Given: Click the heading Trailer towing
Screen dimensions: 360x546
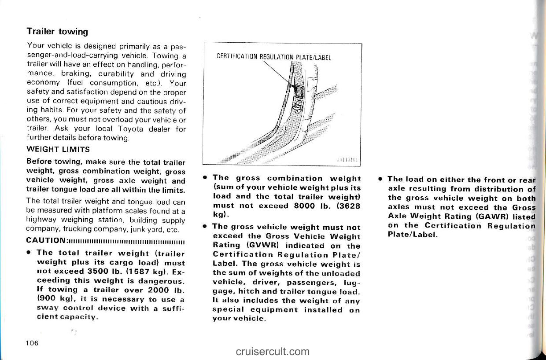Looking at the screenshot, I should [57, 31].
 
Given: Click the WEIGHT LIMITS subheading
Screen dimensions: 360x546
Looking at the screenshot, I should [58, 149].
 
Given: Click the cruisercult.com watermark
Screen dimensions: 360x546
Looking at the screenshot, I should [273, 351].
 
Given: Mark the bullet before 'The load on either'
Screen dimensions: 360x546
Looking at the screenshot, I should [380, 179].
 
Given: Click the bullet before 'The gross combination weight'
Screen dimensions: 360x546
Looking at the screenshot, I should [205, 178].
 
